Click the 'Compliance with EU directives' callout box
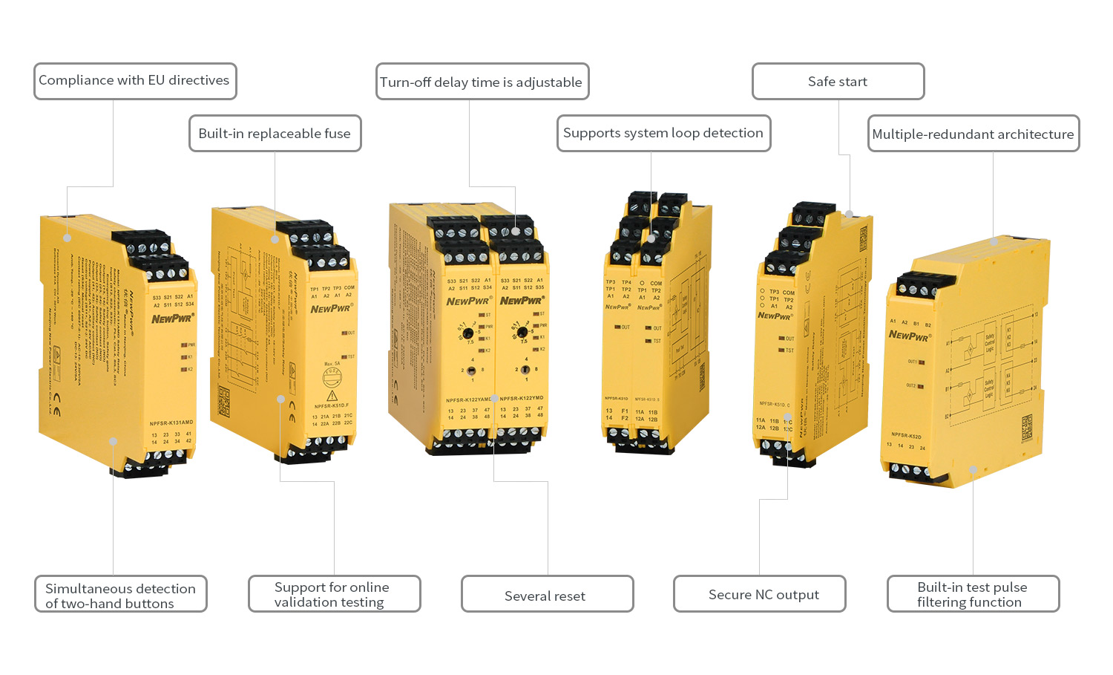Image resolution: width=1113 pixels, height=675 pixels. point(135,81)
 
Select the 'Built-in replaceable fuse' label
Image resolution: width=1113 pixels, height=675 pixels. point(275,134)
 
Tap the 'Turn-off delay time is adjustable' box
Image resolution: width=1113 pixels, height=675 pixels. point(482,82)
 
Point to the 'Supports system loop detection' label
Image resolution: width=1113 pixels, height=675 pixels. point(663,134)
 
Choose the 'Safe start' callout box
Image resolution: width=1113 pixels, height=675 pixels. point(838,82)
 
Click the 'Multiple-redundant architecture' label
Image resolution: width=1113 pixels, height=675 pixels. point(973,134)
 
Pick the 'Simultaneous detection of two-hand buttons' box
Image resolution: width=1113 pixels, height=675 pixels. point(120,595)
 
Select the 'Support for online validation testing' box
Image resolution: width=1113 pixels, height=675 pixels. point(334,594)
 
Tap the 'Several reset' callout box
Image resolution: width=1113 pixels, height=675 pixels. point(547,595)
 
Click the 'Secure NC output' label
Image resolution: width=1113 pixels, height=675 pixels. point(759,594)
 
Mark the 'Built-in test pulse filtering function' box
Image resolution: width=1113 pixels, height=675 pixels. point(973,594)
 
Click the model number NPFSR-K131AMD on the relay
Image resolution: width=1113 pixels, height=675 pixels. point(171,423)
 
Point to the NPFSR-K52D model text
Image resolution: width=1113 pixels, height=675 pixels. point(906,435)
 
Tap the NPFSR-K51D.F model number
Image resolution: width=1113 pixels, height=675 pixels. point(332,406)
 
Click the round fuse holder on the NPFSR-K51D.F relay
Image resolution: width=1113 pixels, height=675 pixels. point(332,377)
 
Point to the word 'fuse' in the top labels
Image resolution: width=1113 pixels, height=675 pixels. point(337,134)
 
